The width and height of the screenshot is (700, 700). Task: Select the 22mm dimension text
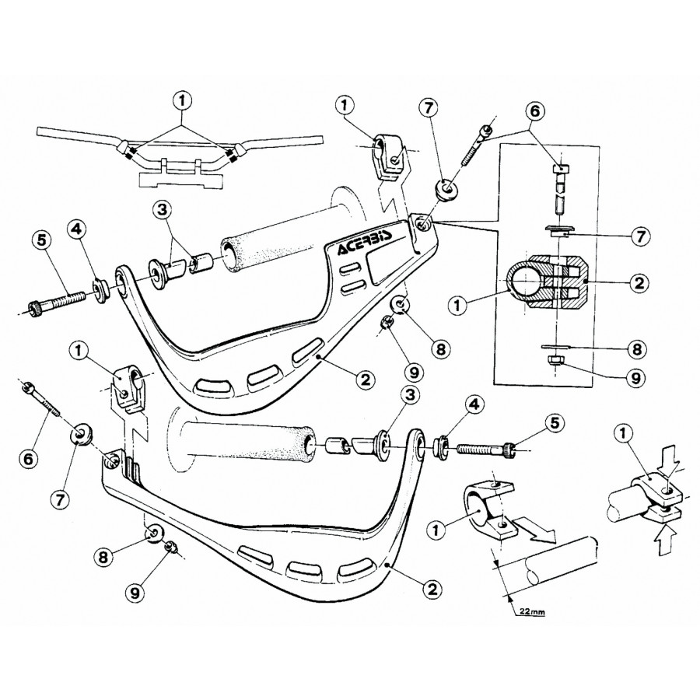pos(532,611)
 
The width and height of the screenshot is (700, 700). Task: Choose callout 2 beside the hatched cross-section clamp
pos(637,283)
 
